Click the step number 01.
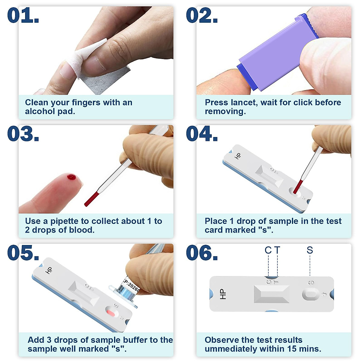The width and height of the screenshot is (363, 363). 23,16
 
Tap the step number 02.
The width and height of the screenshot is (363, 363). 202,16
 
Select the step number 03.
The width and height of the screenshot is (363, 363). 23,134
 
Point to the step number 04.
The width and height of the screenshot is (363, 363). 202,134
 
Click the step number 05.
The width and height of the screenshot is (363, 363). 23,253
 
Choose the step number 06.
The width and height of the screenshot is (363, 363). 202,253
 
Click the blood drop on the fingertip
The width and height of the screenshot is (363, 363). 72,177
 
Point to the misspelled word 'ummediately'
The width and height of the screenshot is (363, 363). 228,349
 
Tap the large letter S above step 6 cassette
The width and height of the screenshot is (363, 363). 310,250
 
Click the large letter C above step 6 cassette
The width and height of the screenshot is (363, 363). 268,250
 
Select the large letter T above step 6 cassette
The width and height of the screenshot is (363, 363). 277,250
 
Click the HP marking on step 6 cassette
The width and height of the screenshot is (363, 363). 222,294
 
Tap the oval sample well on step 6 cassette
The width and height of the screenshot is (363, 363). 310,294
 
